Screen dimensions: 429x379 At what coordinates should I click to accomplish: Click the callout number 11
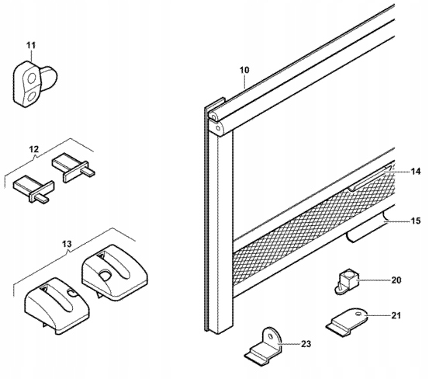click(x=31, y=46)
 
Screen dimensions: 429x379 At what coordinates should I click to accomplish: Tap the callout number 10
click(x=244, y=70)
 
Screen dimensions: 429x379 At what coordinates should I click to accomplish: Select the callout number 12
click(x=34, y=150)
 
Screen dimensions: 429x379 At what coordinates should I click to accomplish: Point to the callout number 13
click(x=67, y=244)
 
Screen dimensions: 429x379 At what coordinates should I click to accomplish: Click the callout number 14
click(x=415, y=172)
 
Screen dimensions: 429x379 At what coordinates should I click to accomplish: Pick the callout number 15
click(x=415, y=221)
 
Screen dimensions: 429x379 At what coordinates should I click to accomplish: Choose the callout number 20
click(x=396, y=280)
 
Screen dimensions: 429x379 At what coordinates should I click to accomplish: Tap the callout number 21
click(x=396, y=316)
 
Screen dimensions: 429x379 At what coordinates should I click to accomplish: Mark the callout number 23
click(x=306, y=344)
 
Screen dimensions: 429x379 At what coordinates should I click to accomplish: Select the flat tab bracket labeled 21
click(x=346, y=321)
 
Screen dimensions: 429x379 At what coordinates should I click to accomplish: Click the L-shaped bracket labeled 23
click(x=263, y=346)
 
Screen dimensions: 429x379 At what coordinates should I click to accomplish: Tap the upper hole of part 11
click(x=32, y=78)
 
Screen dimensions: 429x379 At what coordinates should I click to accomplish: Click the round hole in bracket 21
click(x=358, y=314)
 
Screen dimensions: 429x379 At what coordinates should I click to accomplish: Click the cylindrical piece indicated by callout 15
click(x=368, y=227)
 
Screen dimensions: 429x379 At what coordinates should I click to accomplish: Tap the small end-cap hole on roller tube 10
click(x=218, y=128)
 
